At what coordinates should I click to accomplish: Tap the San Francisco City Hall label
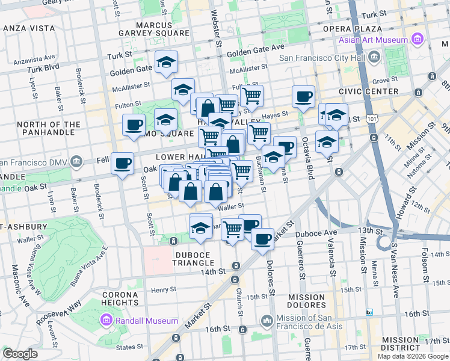pos(323,58)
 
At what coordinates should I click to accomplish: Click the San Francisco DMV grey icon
pos(76,162)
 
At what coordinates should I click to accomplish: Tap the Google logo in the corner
pos(20,354)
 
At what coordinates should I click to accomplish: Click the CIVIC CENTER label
pos(368,91)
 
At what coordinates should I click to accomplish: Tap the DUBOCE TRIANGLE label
pos(194,259)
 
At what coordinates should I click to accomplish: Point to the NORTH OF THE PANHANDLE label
pos(49,129)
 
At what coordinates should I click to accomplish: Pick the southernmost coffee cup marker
pos(262,238)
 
